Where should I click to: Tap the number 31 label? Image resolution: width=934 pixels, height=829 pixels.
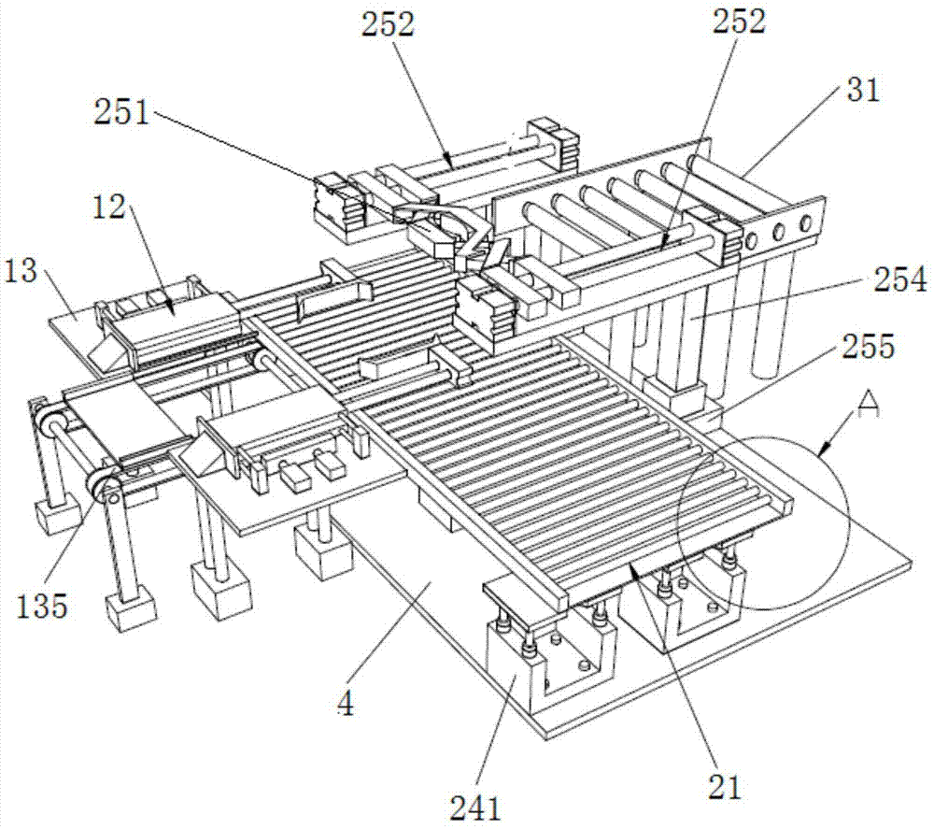(858, 91)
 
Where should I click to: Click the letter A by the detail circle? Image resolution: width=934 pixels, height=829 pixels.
(869, 404)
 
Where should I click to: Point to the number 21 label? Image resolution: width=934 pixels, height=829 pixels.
(724, 787)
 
